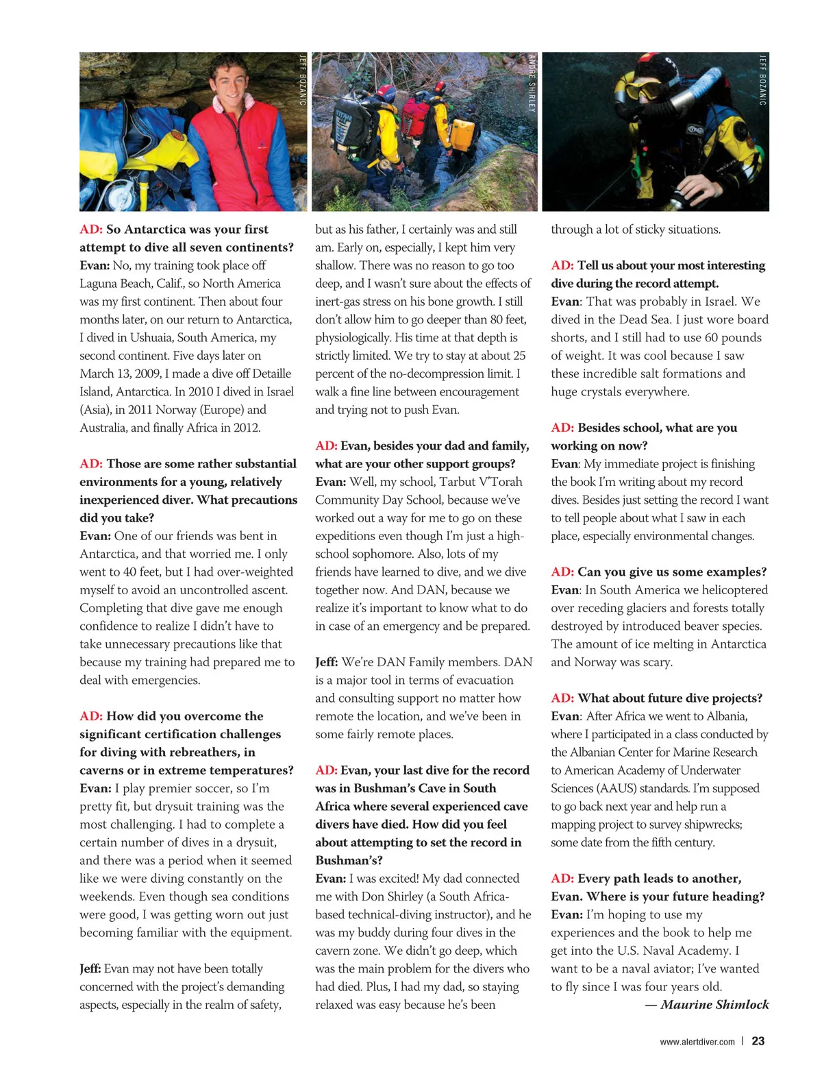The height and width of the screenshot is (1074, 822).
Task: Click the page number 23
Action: click(x=758, y=1040)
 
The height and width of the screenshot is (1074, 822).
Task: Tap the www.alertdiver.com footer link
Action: click(x=697, y=1042)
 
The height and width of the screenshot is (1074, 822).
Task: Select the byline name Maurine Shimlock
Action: click(x=714, y=1005)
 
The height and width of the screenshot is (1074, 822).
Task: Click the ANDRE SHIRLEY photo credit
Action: click(x=532, y=83)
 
